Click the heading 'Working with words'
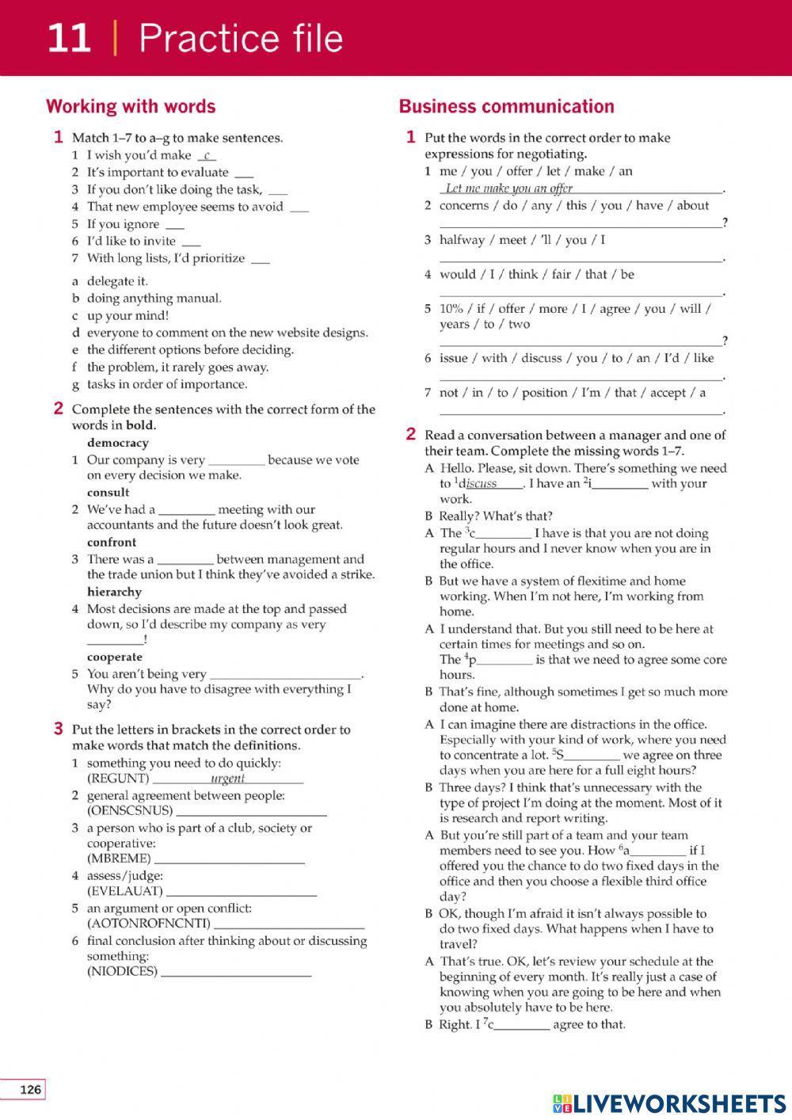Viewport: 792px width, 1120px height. pyautogui.click(x=131, y=106)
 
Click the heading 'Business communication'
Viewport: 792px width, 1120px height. pyautogui.click(x=506, y=106)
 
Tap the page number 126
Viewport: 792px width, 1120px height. pyautogui.click(x=29, y=1090)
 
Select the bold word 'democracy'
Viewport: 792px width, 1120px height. pyautogui.click(x=117, y=443)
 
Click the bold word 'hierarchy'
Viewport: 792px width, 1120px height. pyautogui.click(x=114, y=592)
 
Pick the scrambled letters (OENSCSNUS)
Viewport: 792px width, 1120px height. pyautogui.click(x=130, y=810)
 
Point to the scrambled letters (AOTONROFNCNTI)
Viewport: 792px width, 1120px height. pyautogui.click(x=149, y=923)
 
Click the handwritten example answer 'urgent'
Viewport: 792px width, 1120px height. pyautogui.click(x=227, y=778)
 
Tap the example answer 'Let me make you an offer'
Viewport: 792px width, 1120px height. pyautogui.click(x=508, y=188)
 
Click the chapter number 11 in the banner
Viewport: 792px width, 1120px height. pyautogui.click(x=69, y=38)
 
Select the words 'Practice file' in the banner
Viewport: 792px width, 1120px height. pyautogui.click(x=241, y=38)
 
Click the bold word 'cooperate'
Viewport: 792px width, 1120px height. pyautogui.click(x=115, y=657)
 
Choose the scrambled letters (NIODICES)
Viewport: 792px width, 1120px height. pyautogui.click(x=122, y=971)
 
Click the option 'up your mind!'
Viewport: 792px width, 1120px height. pyautogui.click(x=128, y=315)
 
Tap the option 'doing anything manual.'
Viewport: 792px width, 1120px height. pyautogui.click(x=154, y=298)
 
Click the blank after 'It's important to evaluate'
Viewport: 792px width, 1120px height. pyautogui.click(x=245, y=173)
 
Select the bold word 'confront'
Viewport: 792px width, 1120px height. pyautogui.click(x=112, y=542)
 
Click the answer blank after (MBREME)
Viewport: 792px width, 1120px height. pyautogui.click(x=230, y=859)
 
